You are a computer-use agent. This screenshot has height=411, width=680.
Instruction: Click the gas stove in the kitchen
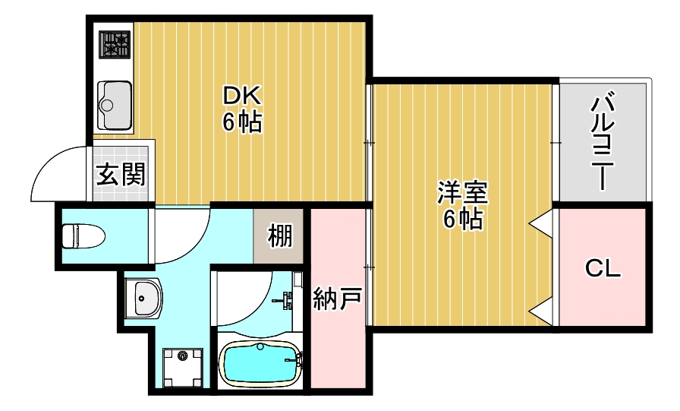[x=115, y=45]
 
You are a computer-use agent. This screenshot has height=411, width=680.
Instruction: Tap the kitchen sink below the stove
[x=115, y=104]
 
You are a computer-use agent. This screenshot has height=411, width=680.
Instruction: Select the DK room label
[x=241, y=96]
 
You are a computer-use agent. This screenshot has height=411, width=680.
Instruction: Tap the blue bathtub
[x=260, y=364]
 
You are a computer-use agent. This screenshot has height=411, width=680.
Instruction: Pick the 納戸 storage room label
[x=337, y=299]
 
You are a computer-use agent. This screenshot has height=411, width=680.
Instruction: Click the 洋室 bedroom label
[x=461, y=192]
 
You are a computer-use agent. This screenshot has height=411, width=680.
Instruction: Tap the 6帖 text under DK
[x=241, y=122]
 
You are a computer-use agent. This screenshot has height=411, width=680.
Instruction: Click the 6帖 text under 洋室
[x=461, y=219]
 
